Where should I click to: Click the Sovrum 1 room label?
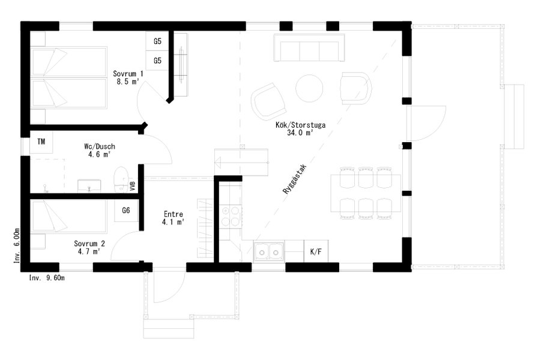[x=128, y=78]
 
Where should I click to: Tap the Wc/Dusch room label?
[x=100, y=151]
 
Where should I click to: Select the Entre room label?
[x=174, y=218]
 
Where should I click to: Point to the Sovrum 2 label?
[x=89, y=248]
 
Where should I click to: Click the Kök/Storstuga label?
[x=300, y=128]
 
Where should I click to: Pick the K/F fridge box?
[x=316, y=251]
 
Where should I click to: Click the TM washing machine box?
[x=41, y=142]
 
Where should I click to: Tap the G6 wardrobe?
[x=126, y=210]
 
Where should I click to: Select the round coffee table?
[x=309, y=88]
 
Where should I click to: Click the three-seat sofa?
[x=309, y=47]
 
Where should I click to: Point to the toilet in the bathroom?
[x=120, y=179]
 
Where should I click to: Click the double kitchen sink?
[x=268, y=251]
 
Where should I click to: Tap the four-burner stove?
[x=231, y=216]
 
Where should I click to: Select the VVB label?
[x=133, y=186]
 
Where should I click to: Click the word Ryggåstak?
[x=294, y=179]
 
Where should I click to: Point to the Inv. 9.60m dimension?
[x=47, y=278]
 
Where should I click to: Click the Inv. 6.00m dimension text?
[x=17, y=245]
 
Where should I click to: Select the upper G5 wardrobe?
[x=157, y=41]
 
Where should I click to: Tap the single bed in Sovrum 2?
[x=68, y=217]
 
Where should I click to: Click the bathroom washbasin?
[x=89, y=185]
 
